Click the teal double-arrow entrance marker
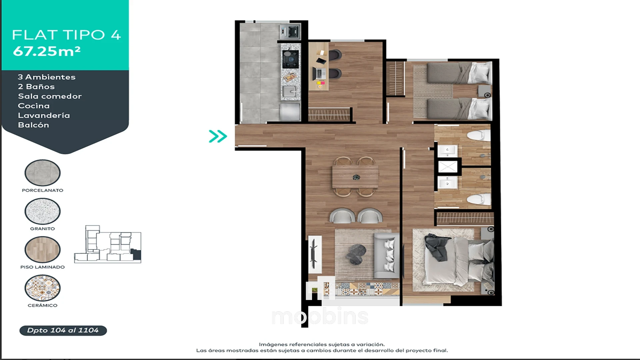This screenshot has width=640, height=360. [x=218, y=136]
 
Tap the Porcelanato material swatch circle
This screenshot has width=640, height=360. [x=42, y=173]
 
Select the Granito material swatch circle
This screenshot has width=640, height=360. [x=42, y=211]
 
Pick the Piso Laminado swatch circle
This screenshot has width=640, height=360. [x=42, y=249]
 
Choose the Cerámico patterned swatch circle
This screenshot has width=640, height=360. [x=42, y=288]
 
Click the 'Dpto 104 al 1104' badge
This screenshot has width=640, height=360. [x=63, y=330]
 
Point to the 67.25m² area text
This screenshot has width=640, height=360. [x=47, y=51]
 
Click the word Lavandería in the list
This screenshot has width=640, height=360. [x=44, y=115]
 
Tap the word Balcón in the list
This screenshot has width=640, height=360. [x=33, y=125]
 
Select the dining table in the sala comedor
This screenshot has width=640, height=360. [x=355, y=177]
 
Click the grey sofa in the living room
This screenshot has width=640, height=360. [x=387, y=255]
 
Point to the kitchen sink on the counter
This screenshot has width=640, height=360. [x=289, y=91]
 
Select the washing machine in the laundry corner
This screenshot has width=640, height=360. [x=290, y=31]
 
